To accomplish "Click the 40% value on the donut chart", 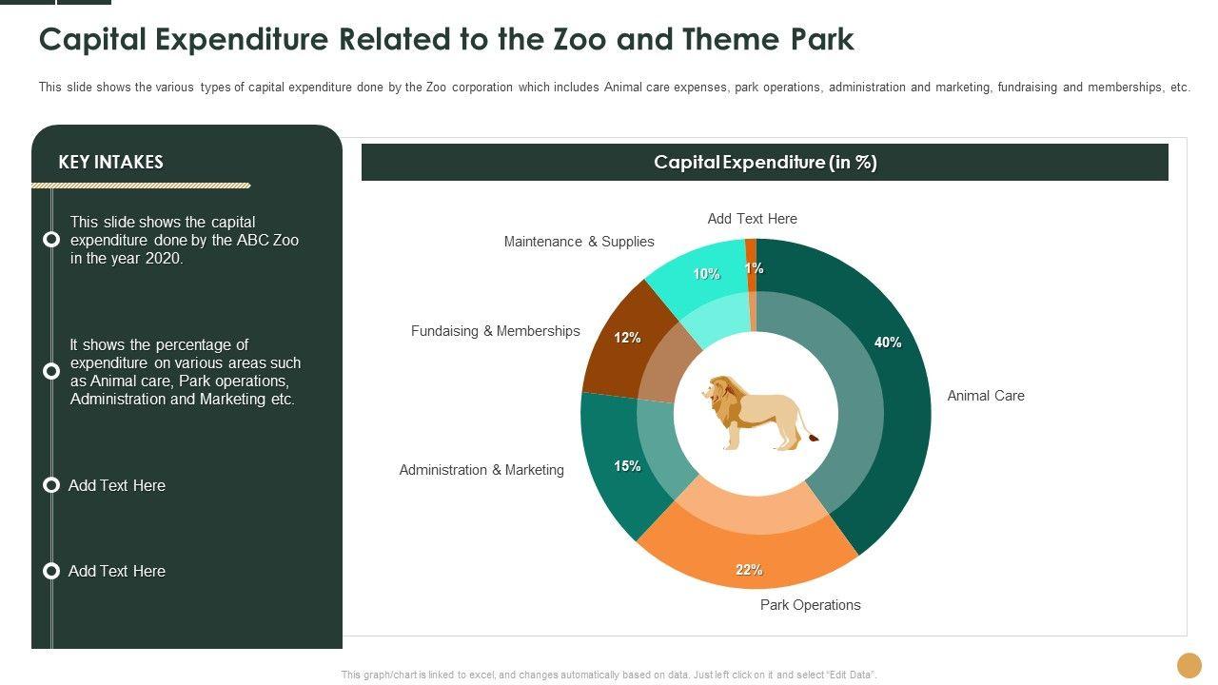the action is [x=888, y=342].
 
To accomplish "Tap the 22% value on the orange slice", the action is [x=749, y=570].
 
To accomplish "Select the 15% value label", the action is [x=627, y=466].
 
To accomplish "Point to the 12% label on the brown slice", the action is [x=627, y=338].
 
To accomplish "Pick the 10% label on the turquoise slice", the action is [x=706, y=274].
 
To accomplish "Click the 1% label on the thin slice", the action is [x=754, y=268].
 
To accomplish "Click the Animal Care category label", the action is [x=985, y=396].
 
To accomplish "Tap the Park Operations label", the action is [x=810, y=605].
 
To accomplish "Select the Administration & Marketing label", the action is [x=481, y=470].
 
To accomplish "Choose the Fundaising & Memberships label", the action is [x=496, y=331].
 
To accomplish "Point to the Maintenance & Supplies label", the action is [x=580, y=242].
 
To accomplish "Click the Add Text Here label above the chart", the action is [x=752, y=219].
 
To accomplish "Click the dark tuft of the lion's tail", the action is [x=814, y=437].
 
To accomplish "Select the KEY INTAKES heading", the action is [x=111, y=162].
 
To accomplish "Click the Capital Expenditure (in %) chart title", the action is [x=765, y=162].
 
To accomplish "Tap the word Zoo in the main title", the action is [x=580, y=39].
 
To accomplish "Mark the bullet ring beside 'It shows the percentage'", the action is [x=51, y=371].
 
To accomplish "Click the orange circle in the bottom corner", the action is [x=1189, y=665].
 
